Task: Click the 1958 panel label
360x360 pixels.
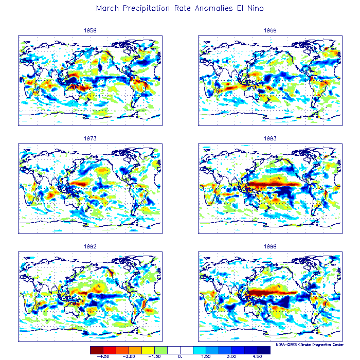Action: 90,30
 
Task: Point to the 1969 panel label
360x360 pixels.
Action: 271,30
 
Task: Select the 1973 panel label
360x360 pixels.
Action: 90,138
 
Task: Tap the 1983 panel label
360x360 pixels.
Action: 271,138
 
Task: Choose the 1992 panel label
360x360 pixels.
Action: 90,246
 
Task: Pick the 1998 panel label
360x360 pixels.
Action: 271,246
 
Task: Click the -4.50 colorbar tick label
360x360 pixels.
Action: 103,356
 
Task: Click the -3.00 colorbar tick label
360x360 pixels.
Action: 129,356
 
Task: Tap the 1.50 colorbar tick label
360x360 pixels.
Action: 206,356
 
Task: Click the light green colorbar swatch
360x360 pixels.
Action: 161,350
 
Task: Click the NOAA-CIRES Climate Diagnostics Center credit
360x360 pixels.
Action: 310,345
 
